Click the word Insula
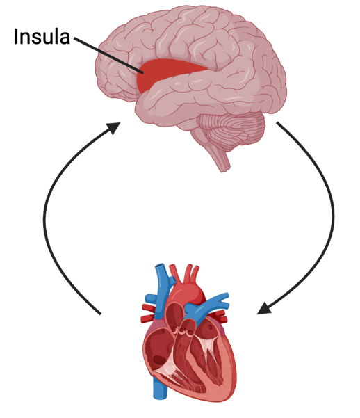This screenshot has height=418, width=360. pyautogui.click(x=42, y=36)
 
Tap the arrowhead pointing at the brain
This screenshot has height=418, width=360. pyautogui.click(x=112, y=128)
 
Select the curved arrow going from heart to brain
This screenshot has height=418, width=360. pyautogui.click(x=49, y=223)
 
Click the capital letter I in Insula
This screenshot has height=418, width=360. pyautogui.click(x=17, y=36)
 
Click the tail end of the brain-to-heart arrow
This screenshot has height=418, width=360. pyautogui.click(x=278, y=124)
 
